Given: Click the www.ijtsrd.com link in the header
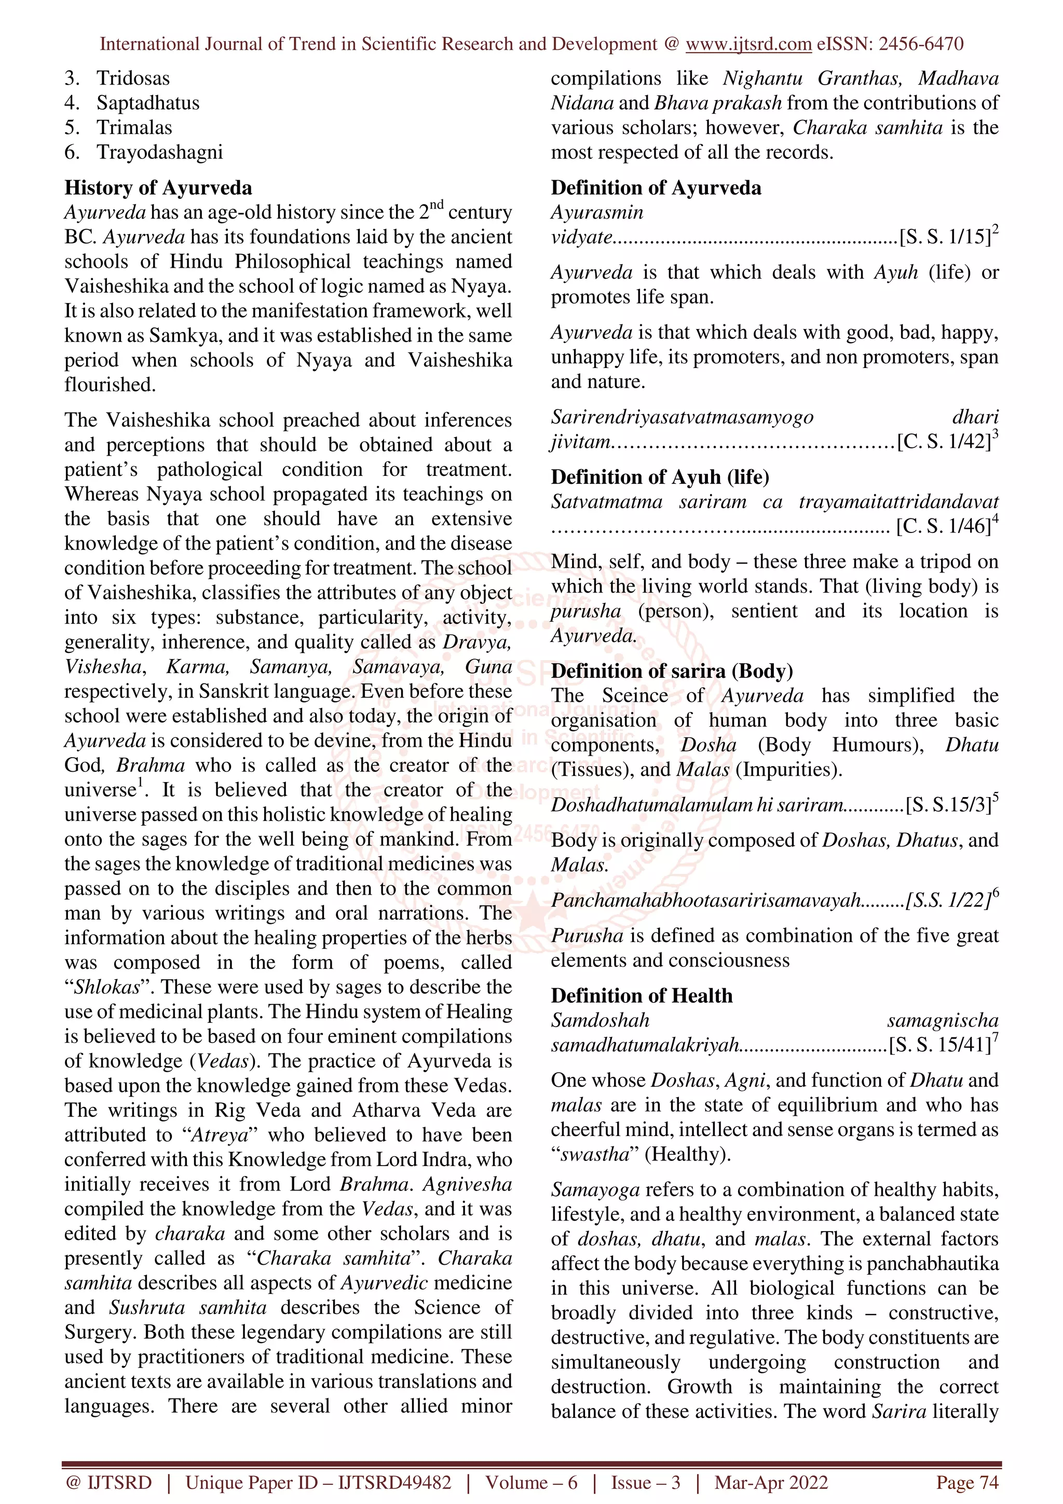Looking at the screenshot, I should click(748, 44).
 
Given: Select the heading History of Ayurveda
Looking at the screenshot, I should click(158, 188).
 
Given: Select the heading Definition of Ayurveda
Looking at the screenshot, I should click(656, 188).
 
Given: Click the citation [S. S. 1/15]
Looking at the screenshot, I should click(945, 237).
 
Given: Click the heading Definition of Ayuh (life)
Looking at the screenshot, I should click(660, 477).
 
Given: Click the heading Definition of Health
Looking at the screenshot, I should click(641, 996).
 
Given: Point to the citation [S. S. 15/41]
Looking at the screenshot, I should click(940, 1044).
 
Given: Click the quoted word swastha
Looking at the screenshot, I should click(595, 1154).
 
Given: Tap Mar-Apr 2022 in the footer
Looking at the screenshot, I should click(771, 1483).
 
